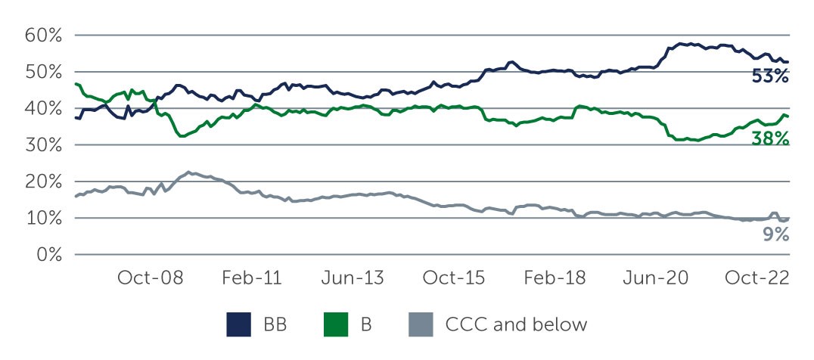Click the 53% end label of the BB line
pos(770,76)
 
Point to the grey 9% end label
pos(775,234)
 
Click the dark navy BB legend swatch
pos(239,326)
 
